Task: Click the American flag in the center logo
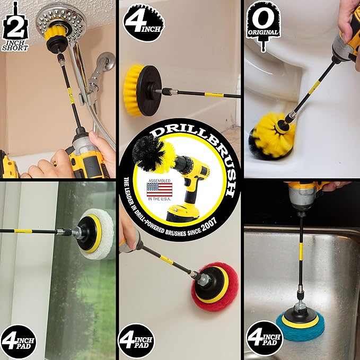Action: coord(159,189)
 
